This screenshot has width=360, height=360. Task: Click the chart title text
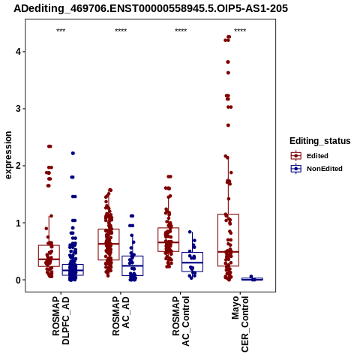point(151,9)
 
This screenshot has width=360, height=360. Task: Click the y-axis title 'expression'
point(8,155)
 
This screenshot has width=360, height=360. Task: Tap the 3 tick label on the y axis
point(18,109)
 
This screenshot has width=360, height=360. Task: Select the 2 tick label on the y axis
point(18,166)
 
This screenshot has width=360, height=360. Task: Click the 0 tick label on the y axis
point(18,280)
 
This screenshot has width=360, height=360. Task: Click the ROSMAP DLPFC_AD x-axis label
point(61,321)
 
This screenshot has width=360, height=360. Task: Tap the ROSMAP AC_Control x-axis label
point(181,321)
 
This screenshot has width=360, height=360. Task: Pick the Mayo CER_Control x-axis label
point(240,324)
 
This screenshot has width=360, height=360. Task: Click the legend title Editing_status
point(320,141)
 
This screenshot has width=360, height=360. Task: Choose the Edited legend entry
point(310,156)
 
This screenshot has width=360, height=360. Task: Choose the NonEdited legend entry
point(316,169)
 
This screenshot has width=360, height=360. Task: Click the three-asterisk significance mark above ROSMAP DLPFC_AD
point(61,31)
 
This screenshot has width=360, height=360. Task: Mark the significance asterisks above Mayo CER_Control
point(240,31)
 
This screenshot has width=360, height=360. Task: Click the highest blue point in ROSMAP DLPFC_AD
point(73,153)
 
